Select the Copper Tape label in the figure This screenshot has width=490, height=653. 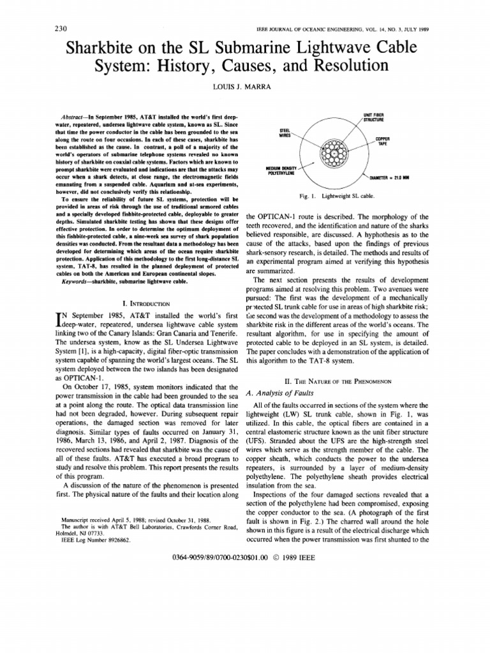383,140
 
